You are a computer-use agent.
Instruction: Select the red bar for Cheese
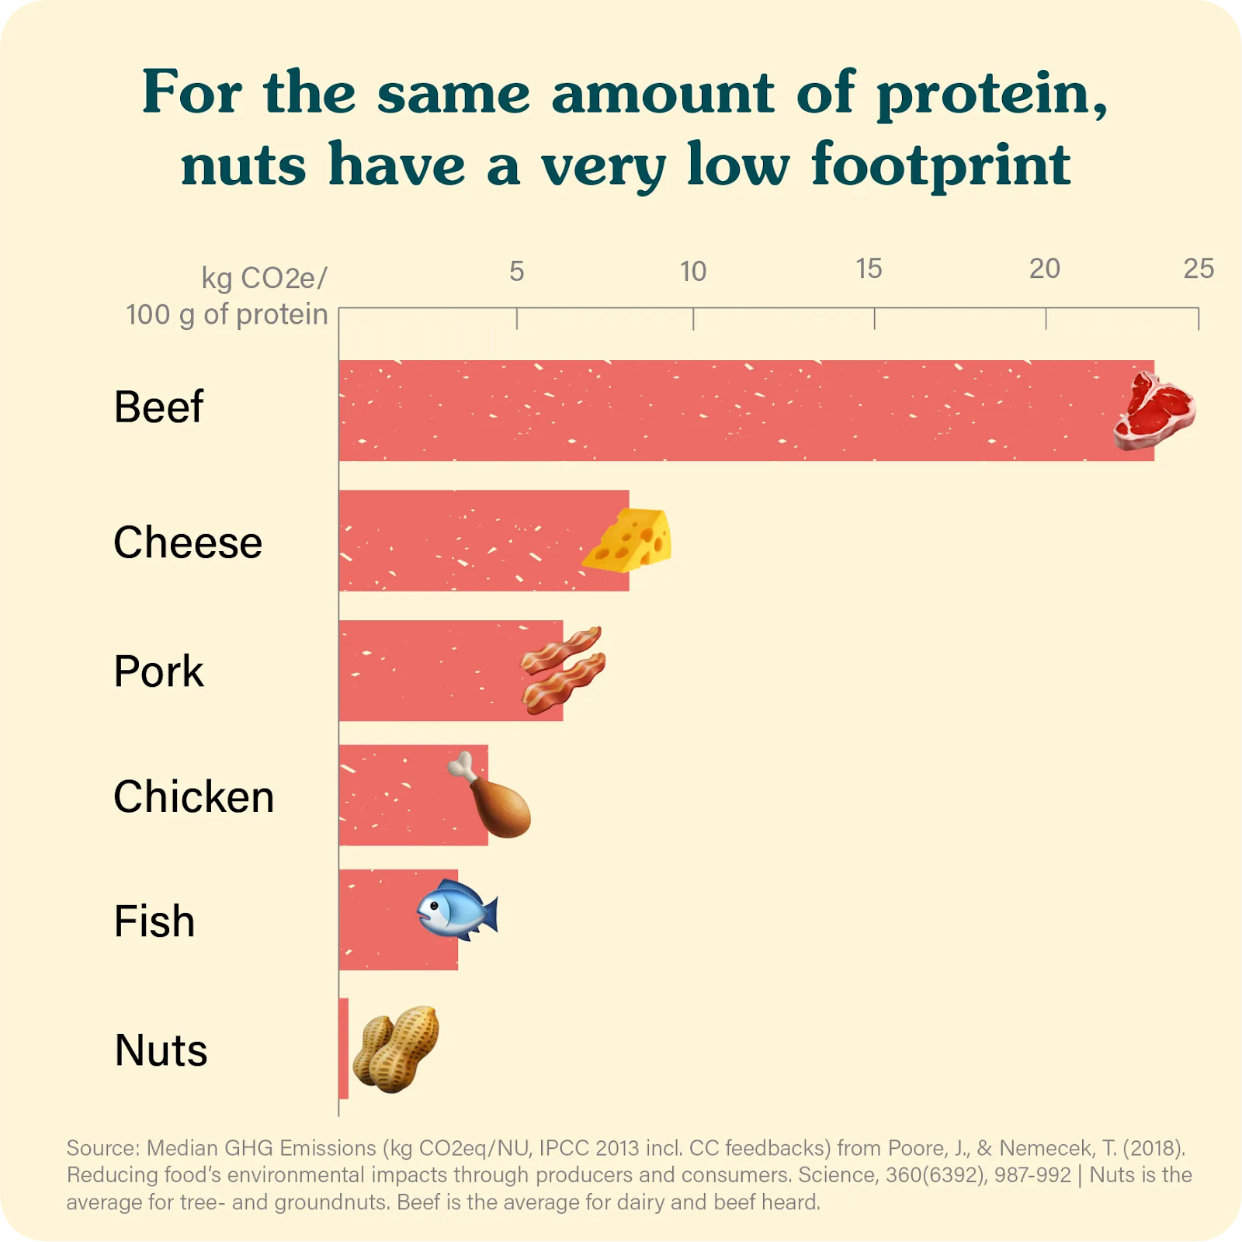(466, 540)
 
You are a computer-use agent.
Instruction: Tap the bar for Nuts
(344, 1048)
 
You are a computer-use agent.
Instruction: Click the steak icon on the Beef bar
(1154, 411)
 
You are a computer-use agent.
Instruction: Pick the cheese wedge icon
(629, 540)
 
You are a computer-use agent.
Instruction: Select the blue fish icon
(456, 909)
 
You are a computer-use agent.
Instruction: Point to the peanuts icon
(396, 1049)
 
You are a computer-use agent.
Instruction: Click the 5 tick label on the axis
(517, 271)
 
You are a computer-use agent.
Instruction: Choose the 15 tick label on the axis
(869, 269)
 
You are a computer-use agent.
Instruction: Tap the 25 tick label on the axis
(1199, 269)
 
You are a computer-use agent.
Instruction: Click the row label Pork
(158, 671)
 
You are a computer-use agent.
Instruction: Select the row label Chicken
(194, 796)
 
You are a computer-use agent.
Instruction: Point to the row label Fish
(154, 921)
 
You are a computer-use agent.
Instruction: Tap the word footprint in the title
(941, 166)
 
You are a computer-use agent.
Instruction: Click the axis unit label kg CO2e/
(264, 278)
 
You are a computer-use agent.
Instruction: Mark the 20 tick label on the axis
(1045, 269)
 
